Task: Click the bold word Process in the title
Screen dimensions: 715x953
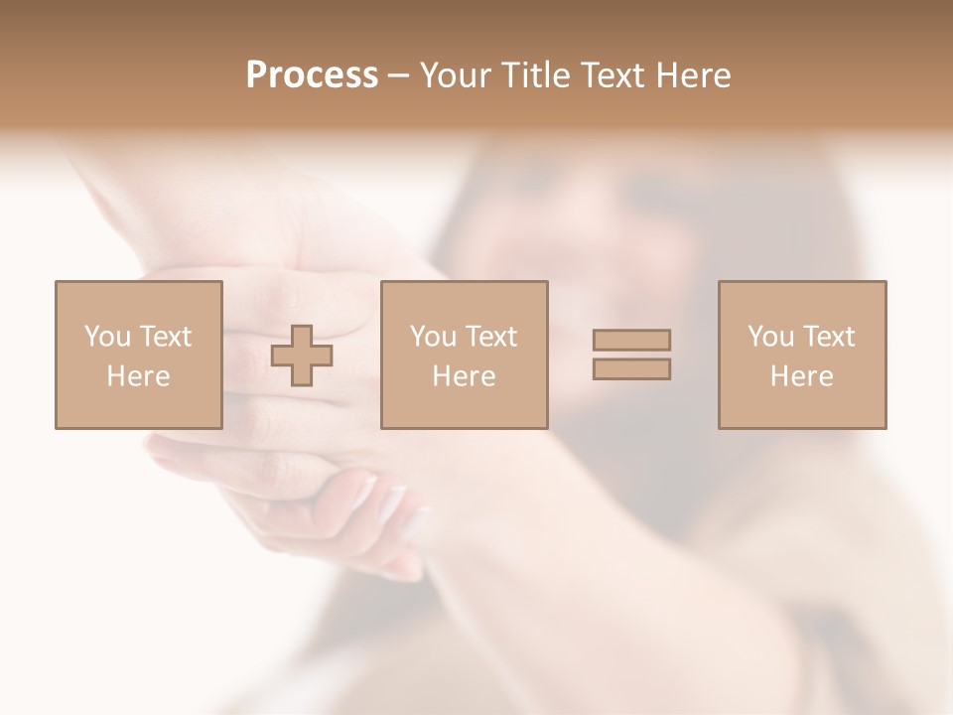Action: click(x=312, y=75)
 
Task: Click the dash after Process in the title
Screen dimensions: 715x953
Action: click(x=398, y=76)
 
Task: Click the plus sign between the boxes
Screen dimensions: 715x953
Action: click(x=302, y=356)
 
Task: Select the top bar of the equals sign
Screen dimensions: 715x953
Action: click(x=631, y=340)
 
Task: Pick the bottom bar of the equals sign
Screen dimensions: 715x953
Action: click(x=631, y=369)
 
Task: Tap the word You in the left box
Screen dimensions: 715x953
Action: click(x=107, y=337)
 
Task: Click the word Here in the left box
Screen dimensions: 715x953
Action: click(x=138, y=376)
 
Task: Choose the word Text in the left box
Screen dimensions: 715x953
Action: click(x=164, y=337)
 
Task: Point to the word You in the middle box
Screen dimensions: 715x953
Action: click(x=433, y=337)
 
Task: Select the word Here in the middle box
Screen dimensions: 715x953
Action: click(x=464, y=376)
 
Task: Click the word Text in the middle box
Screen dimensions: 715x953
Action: click(x=489, y=337)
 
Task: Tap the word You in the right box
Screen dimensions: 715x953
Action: click(x=770, y=337)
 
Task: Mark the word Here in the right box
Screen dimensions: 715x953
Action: click(x=801, y=376)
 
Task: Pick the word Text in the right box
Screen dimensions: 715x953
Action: click(x=827, y=337)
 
